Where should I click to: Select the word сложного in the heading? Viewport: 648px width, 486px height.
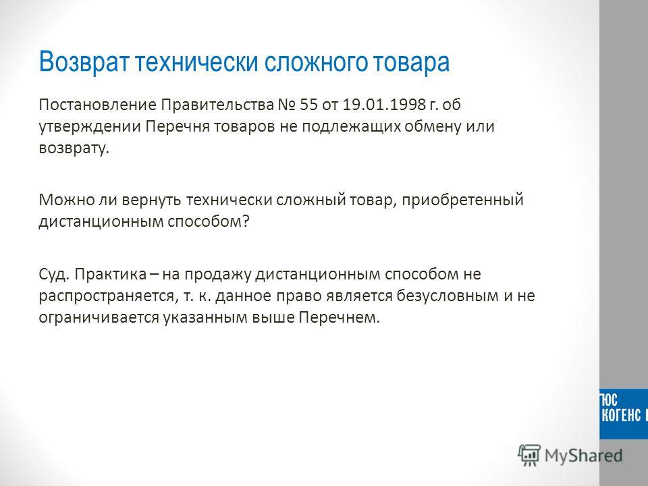(x=316, y=62)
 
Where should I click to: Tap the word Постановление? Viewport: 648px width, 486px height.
(x=97, y=105)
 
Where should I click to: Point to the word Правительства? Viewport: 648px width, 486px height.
(x=217, y=105)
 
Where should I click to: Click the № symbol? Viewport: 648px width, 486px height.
(x=287, y=105)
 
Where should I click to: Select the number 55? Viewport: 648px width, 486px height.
(x=308, y=105)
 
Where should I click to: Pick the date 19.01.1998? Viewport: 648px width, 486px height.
(x=384, y=105)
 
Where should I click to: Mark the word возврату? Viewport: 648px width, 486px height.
(x=74, y=148)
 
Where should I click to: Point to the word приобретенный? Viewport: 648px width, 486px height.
(x=462, y=200)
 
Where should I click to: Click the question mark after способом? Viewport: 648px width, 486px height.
(x=246, y=221)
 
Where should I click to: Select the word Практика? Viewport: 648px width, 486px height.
(x=110, y=275)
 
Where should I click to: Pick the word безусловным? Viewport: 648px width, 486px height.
(x=448, y=296)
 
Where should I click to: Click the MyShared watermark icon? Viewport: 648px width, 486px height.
(x=529, y=456)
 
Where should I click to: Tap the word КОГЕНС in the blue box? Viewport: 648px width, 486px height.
(x=621, y=415)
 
